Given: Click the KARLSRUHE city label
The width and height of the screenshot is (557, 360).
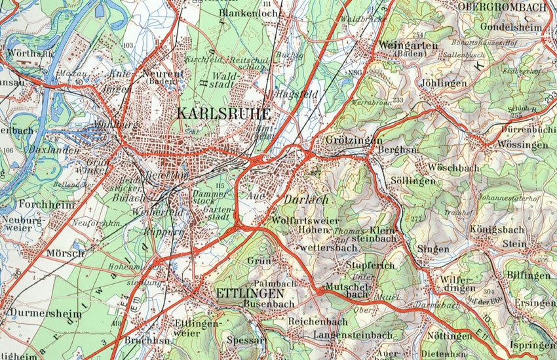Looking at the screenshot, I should click(x=223, y=112).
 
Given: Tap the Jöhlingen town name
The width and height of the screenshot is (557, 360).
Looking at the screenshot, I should click(x=444, y=84).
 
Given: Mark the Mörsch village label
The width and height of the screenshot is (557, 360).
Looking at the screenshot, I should click(x=66, y=253).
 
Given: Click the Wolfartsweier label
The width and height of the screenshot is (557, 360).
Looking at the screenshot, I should click(x=305, y=220).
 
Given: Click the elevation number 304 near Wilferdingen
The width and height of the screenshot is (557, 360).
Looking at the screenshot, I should click(x=488, y=291).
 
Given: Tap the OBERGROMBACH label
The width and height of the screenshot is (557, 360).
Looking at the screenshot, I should click(x=503, y=7).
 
